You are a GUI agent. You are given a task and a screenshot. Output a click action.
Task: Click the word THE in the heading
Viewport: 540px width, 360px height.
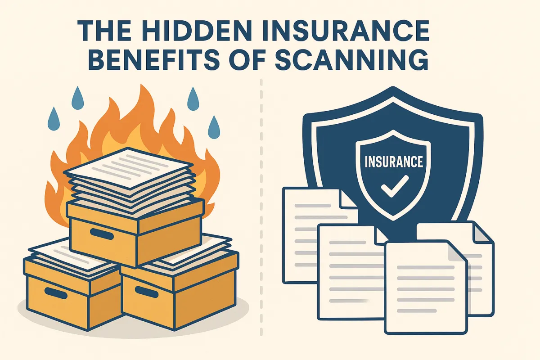[x=108, y=33]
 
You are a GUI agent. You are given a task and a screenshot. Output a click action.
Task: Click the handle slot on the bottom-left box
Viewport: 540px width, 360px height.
[x=56, y=295]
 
